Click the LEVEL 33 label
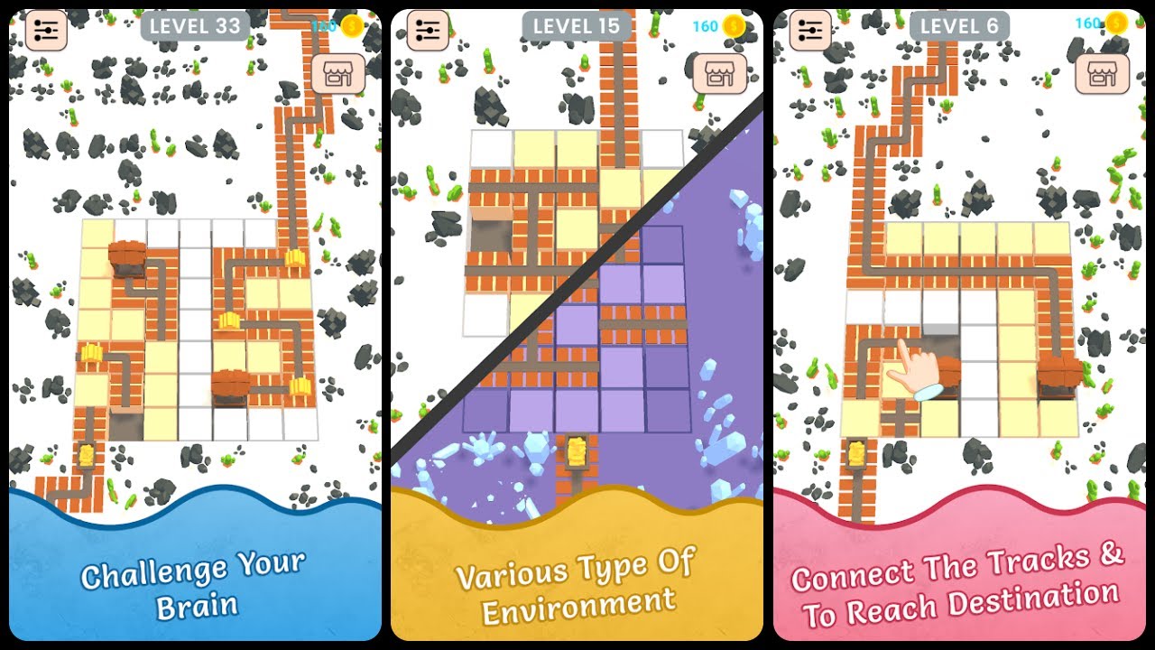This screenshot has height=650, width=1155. point(195,26)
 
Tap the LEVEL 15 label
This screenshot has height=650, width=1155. point(577,26)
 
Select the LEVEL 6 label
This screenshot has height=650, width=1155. point(959,26)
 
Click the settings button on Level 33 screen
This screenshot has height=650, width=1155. point(46,31)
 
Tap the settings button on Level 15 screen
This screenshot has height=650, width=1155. point(428,31)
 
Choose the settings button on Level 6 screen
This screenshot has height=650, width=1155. point(810,31)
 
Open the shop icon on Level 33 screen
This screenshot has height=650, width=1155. point(338,74)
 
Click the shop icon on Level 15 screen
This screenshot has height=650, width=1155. point(720,74)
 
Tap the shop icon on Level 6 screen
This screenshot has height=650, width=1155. point(1103,74)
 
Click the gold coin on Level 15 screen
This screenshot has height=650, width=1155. point(734,26)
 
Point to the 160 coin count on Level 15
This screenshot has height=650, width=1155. point(705,26)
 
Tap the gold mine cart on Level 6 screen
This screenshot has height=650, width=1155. point(857,454)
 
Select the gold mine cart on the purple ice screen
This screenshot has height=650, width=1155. point(577,450)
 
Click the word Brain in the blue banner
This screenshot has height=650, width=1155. point(197,606)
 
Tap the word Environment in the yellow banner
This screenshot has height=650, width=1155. point(578,606)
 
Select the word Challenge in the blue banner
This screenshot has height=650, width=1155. point(153,573)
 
